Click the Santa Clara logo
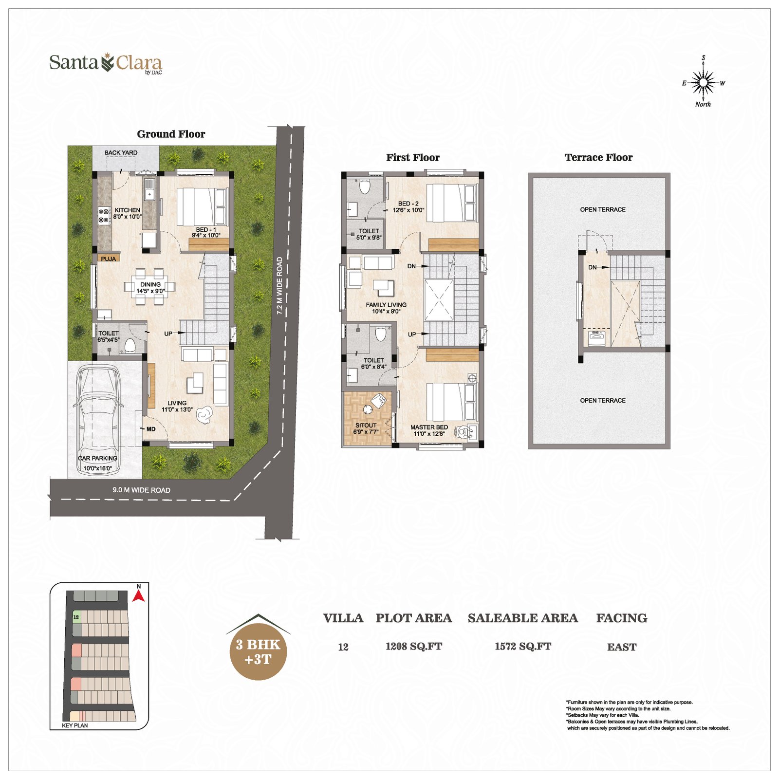[x=106, y=63]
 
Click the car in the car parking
[x=97, y=414]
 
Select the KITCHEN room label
[x=127, y=210]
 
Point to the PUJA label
[x=109, y=259]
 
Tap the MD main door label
[x=151, y=429]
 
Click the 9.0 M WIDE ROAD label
[x=141, y=490]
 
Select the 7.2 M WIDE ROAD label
[x=279, y=286]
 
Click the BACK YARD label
[x=121, y=152]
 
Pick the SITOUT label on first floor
[x=366, y=425]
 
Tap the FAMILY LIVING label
[x=386, y=305]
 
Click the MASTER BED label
[x=429, y=427]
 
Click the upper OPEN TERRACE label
[x=603, y=209]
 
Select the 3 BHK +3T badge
[x=258, y=650]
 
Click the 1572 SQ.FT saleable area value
[x=523, y=647]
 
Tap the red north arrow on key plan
[x=139, y=595]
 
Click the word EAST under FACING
[x=622, y=647]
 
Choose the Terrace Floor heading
[x=598, y=157]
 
